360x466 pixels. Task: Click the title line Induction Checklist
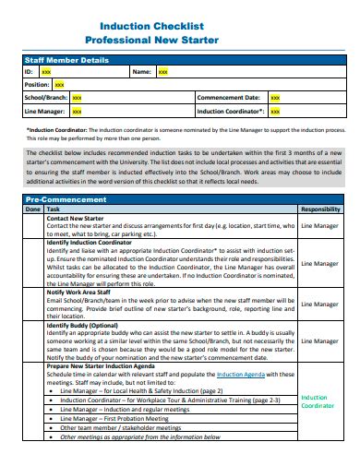click(179, 28)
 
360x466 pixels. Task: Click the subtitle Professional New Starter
click(179, 42)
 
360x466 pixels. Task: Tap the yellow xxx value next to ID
click(46, 72)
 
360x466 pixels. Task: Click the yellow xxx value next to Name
click(163, 72)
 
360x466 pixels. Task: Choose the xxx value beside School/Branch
click(77, 97)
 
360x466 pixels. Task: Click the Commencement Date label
click(228, 97)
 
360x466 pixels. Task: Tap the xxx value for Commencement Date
click(275, 97)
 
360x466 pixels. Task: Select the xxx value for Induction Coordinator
click(276, 111)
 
